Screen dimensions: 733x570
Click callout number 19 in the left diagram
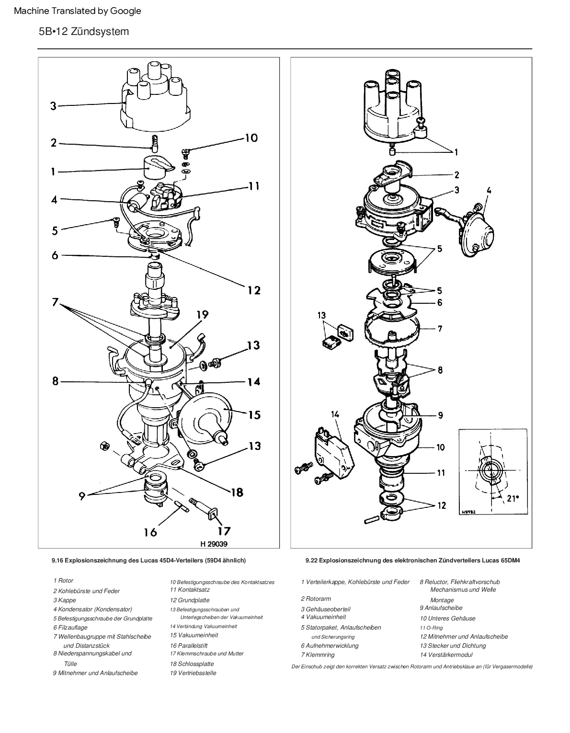203,315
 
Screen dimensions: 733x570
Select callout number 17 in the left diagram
224,531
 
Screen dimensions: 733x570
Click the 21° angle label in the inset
513,498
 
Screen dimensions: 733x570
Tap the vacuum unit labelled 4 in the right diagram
477,232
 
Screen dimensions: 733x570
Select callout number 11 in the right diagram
441,472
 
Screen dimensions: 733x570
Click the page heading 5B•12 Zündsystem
84,32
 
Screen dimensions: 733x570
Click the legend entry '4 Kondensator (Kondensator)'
92,609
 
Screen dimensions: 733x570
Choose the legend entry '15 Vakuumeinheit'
194,635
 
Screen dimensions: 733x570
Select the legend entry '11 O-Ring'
431,628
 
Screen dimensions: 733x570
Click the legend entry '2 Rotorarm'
316,599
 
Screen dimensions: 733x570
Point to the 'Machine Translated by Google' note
78,11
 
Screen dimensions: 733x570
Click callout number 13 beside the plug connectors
321,315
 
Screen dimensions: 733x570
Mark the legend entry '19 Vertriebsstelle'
193,673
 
